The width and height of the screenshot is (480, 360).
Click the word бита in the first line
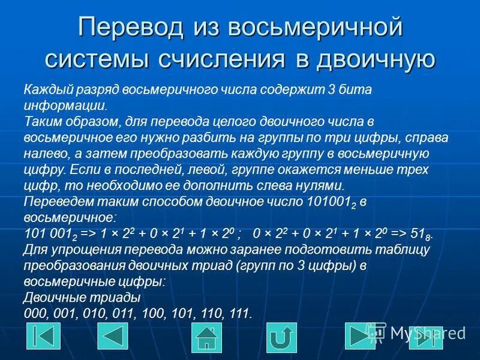coord(356,90)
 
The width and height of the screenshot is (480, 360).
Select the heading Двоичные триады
coord(82,298)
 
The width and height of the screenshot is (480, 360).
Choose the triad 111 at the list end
coord(239,313)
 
